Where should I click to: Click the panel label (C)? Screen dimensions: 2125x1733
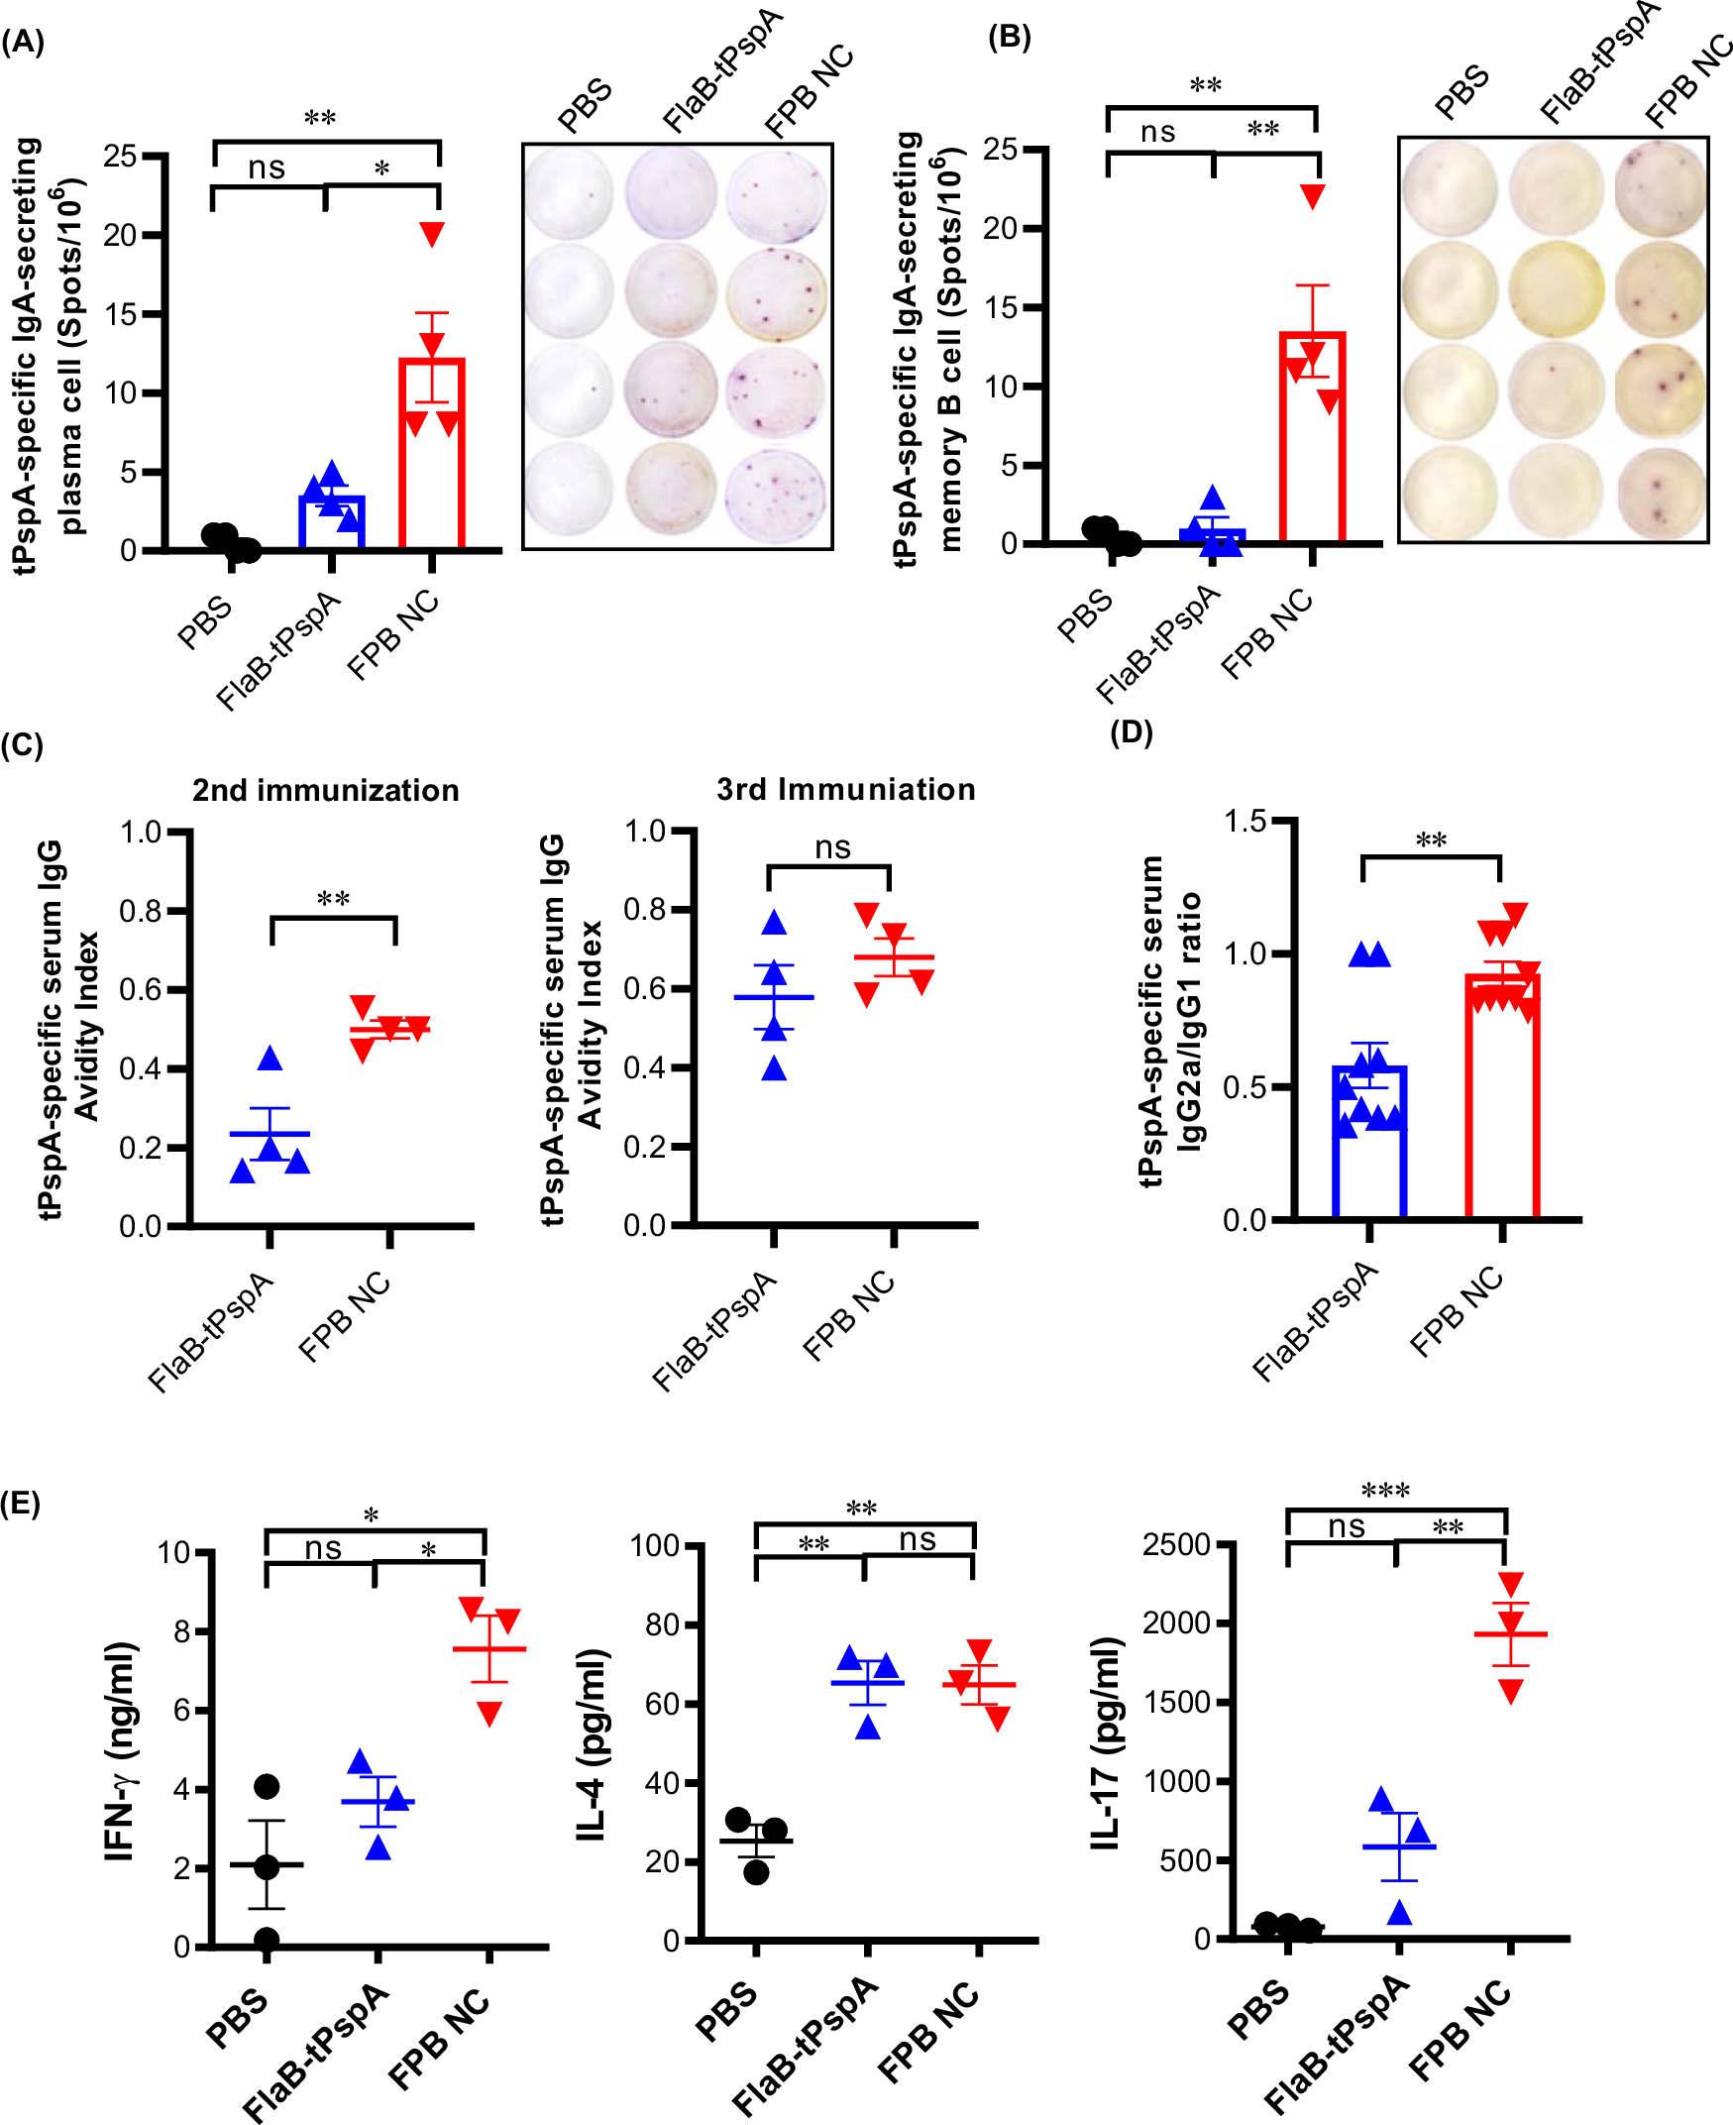(22, 745)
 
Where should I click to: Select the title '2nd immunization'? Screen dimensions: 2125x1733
(325, 790)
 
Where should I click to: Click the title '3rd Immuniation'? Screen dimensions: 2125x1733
(845, 789)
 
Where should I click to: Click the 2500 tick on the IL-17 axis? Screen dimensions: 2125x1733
(1176, 1545)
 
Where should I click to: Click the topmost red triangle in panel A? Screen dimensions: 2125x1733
(431, 234)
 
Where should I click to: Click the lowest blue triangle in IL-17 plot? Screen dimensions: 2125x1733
(1399, 1911)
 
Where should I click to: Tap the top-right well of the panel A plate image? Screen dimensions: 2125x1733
(776, 191)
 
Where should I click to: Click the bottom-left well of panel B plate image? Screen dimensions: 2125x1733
(1449, 494)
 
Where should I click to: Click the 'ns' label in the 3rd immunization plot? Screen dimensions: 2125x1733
(832, 847)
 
